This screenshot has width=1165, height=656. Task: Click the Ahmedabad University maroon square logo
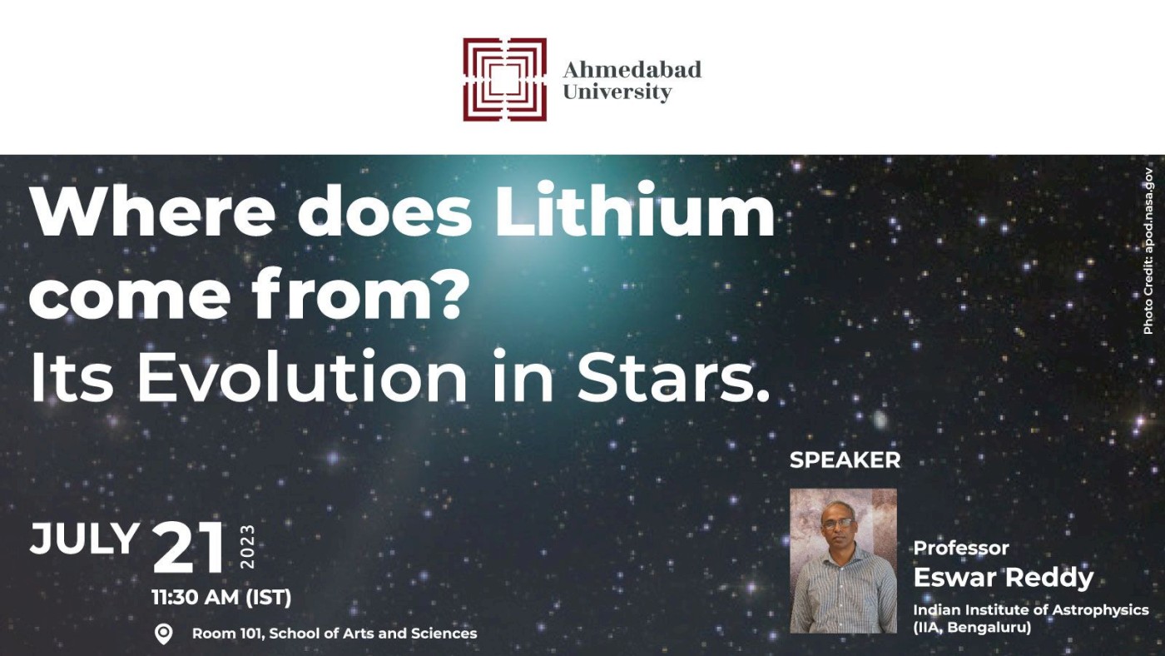tap(504, 79)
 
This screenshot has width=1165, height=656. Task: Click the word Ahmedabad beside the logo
tap(632, 70)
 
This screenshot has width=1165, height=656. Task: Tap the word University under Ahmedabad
tap(617, 92)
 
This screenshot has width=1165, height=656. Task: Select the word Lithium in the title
tap(634, 209)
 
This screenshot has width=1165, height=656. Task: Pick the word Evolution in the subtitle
tap(301, 376)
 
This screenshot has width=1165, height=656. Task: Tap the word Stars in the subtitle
tap(665, 378)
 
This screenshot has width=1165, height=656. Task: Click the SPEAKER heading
tap(845, 460)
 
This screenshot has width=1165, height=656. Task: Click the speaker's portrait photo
tap(843, 561)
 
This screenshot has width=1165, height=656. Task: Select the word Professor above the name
tap(961, 548)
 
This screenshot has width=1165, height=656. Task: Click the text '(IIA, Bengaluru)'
tap(972, 628)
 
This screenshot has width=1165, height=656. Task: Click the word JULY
tap(84, 539)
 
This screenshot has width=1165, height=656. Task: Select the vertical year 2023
tap(247, 547)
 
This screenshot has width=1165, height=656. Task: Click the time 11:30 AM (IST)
tap(221, 597)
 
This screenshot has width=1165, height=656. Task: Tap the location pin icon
tap(164, 634)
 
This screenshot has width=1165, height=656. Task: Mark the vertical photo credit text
tap(1148, 251)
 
